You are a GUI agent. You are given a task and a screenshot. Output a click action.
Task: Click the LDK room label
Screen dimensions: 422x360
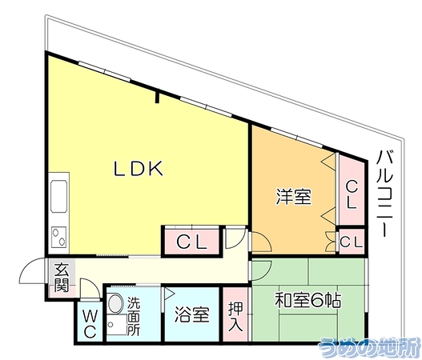[139, 168]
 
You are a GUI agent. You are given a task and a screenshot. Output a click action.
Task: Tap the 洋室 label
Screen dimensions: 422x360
[293, 197]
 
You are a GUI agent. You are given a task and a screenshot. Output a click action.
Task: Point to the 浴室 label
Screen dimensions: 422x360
[192, 314]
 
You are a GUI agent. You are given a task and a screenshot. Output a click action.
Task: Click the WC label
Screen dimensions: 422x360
[90, 325]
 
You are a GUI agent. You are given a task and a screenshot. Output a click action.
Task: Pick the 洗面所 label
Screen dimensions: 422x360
[134, 316]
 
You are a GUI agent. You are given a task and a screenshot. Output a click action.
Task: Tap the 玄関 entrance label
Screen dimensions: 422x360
[62, 278]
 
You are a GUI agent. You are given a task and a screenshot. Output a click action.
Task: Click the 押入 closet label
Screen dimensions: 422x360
[235, 317]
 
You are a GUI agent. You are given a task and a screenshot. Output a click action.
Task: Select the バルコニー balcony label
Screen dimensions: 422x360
[385, 194]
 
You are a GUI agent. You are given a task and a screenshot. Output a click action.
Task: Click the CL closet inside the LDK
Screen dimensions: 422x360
[192, 242]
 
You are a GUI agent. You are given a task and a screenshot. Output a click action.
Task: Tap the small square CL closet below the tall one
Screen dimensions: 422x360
[352, 242]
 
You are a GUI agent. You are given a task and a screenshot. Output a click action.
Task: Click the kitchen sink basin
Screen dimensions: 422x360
[58, 195]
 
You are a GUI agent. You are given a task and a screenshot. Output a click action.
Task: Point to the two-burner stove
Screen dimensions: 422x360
[59, 237]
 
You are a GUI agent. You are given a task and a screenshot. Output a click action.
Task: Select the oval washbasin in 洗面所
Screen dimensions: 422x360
[116, 303]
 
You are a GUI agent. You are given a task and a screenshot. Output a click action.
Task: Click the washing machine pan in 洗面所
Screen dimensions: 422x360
[116, 325]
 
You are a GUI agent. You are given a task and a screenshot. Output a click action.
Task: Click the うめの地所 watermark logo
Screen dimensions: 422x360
[368, 348]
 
